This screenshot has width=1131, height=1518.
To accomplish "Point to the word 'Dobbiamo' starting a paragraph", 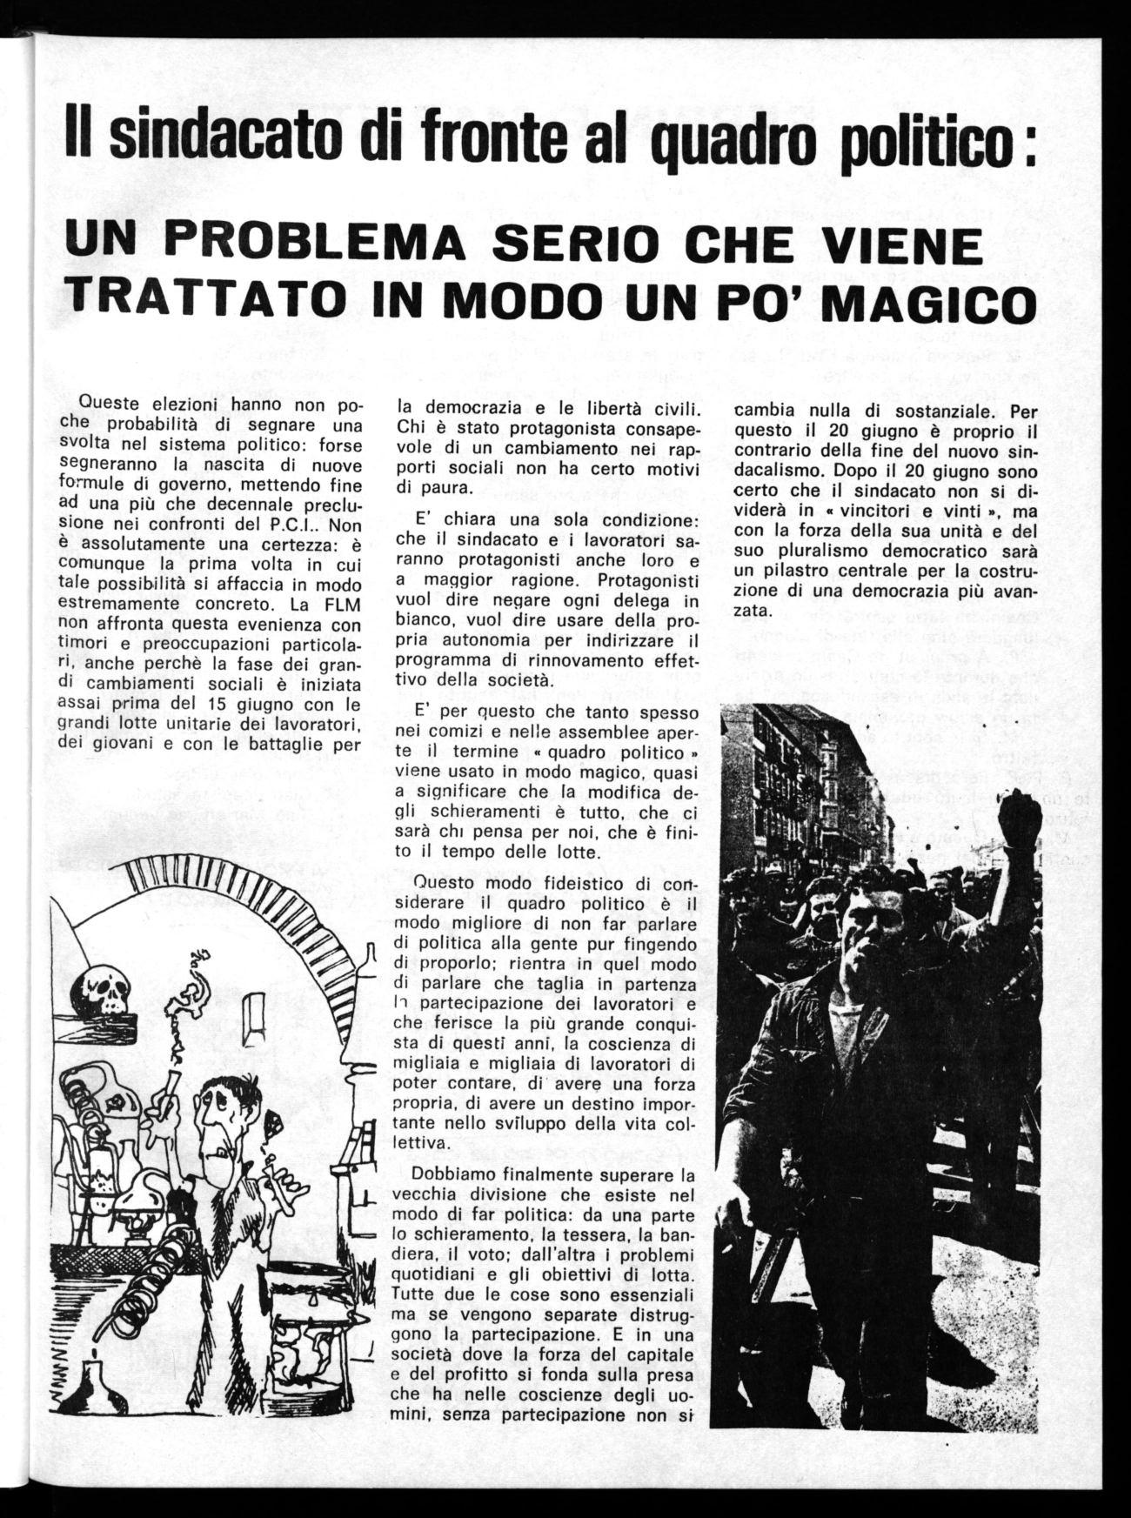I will (x=442, y=1173).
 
